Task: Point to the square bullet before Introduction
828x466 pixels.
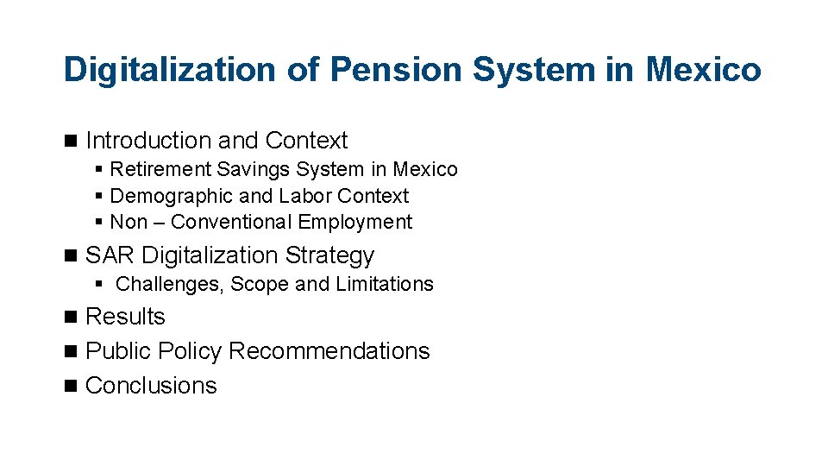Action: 70,141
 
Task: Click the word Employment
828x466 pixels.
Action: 355,222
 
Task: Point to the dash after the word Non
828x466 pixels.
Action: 160,222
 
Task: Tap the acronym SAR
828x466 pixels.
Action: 110,255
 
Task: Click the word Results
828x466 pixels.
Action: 126,317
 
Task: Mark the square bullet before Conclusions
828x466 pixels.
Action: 70,386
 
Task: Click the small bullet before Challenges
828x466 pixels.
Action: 100,284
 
